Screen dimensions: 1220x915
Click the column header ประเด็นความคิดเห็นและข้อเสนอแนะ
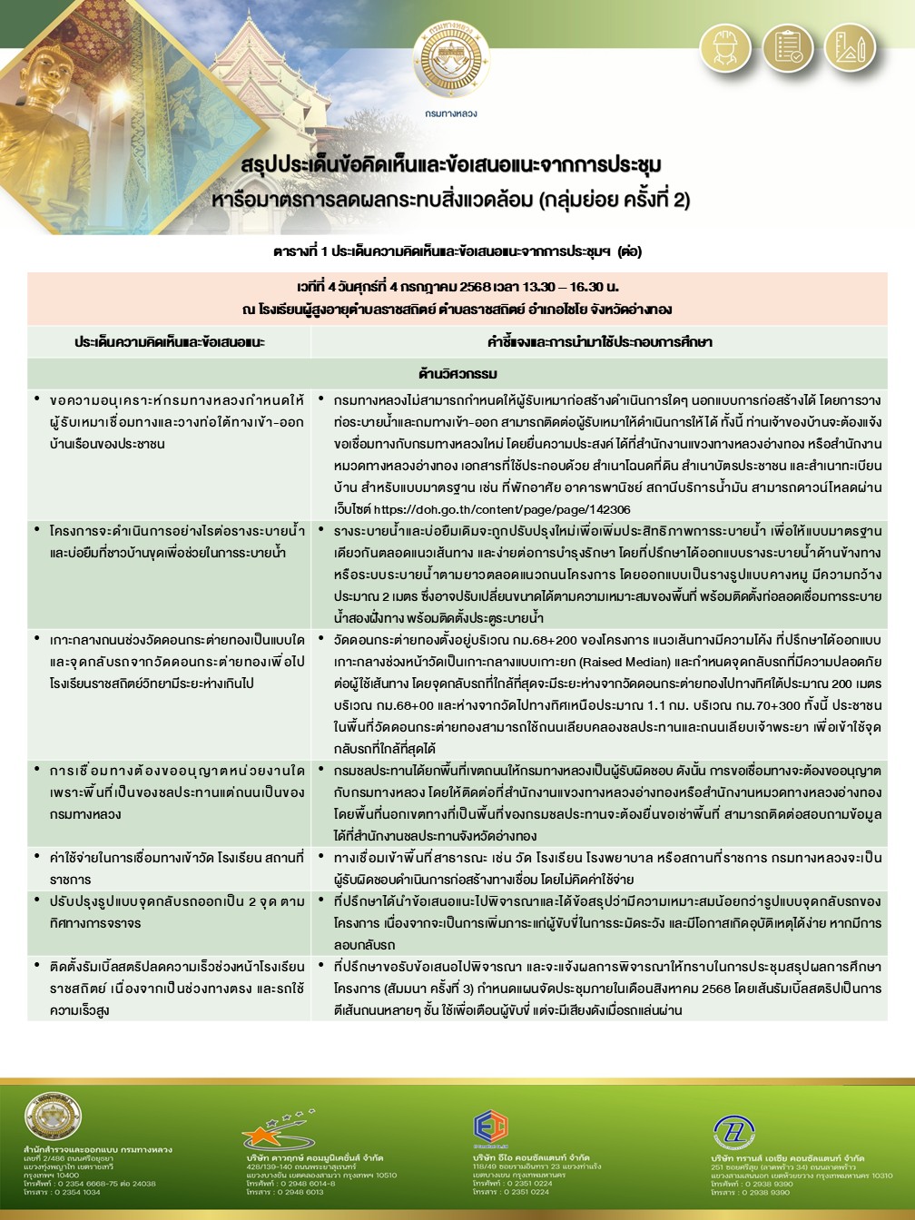click(x=169, y=342)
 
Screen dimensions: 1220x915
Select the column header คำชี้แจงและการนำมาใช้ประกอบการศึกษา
click(x=599, y=342)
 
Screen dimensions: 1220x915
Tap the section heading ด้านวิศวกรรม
click(x=457, y=373)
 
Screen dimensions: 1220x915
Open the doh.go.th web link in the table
click(x=502, y=510)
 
